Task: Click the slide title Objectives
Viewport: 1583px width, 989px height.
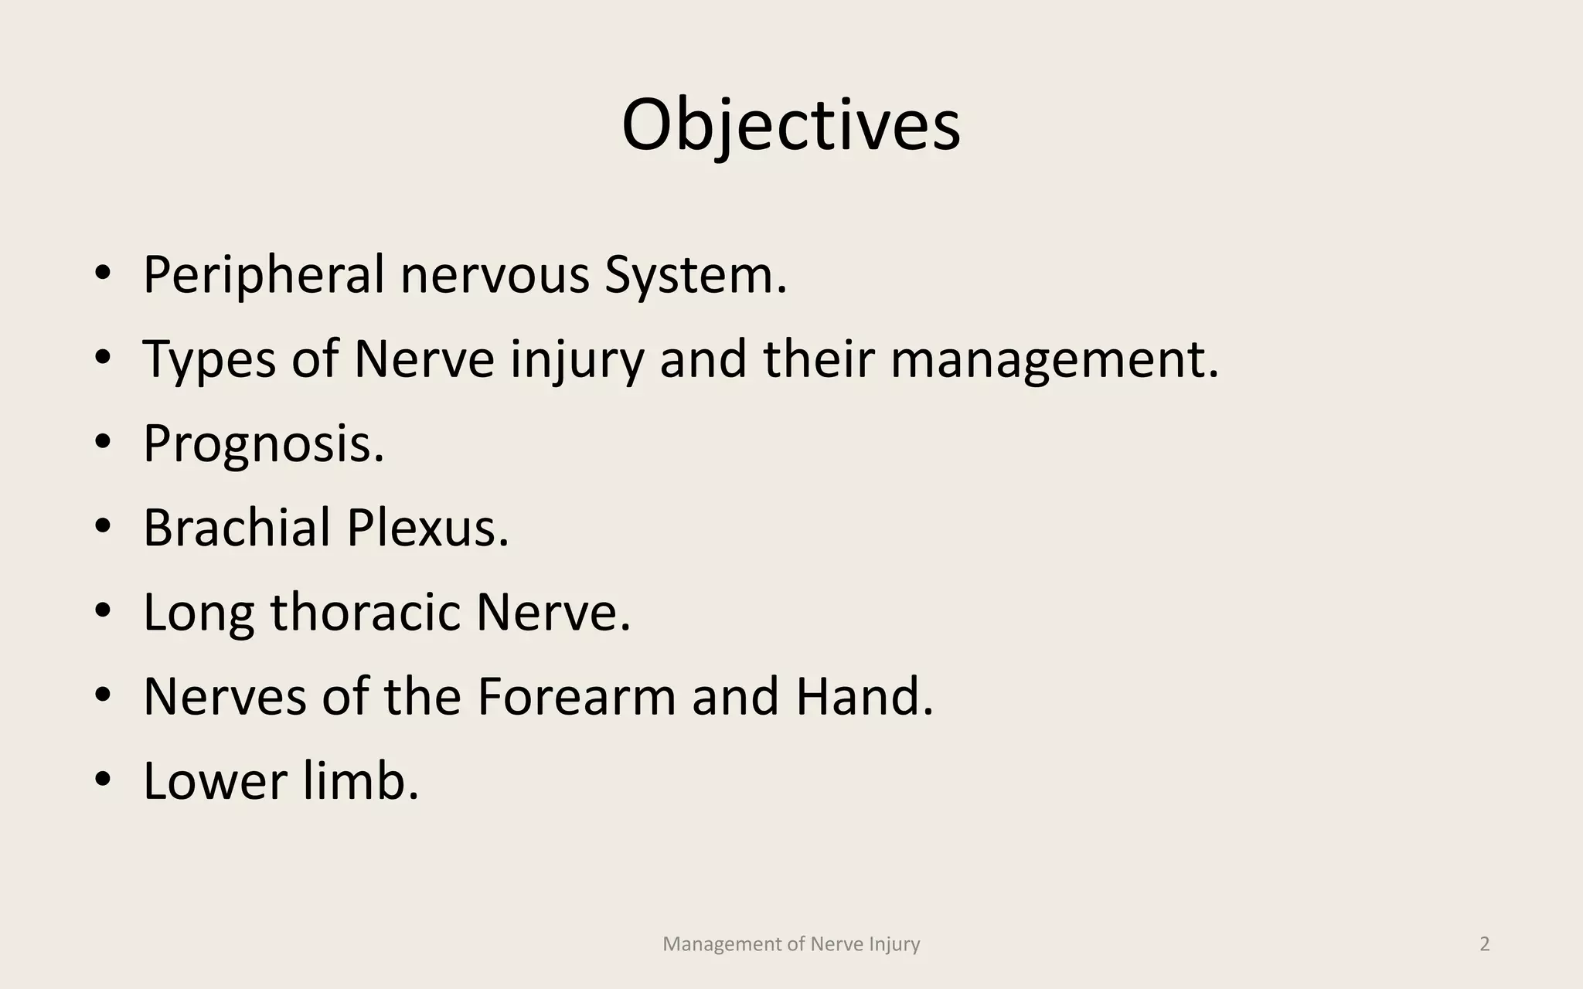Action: pyautogui.click(x=791, y=125)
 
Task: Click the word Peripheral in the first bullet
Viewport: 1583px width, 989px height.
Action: pyautogui.click(x=264, y=275)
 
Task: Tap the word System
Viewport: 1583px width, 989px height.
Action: pyautogui.click(x=695, y=275)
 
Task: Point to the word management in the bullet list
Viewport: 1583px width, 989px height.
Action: pyautogui.click(x=1054, y=360)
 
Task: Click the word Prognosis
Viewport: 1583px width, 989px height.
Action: pyautogui.click(x=264, y=444)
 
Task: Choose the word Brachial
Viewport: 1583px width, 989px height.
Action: pyautogui.click(x=237, y=528)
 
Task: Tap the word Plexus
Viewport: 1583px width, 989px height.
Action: pyautogui.click(x=427, y=528)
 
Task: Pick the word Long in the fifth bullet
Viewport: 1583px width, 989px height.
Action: pyautogui.click(x=199, y=613)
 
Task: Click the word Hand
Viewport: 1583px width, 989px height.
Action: pyautogui.click(x=864, y=697)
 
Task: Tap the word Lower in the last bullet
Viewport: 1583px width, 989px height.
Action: pyautogui.click(x=215, y=781)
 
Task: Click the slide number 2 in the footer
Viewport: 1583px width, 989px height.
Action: pyautogui.click(x=1484, y=944)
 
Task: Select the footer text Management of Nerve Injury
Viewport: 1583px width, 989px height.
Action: pyautogui.click(x=791, y=944)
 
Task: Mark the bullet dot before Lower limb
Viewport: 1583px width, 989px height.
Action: pyautogui.click(x=103, y=779)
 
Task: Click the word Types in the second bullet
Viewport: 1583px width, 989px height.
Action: pyautogui.click(x=209, y=360)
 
